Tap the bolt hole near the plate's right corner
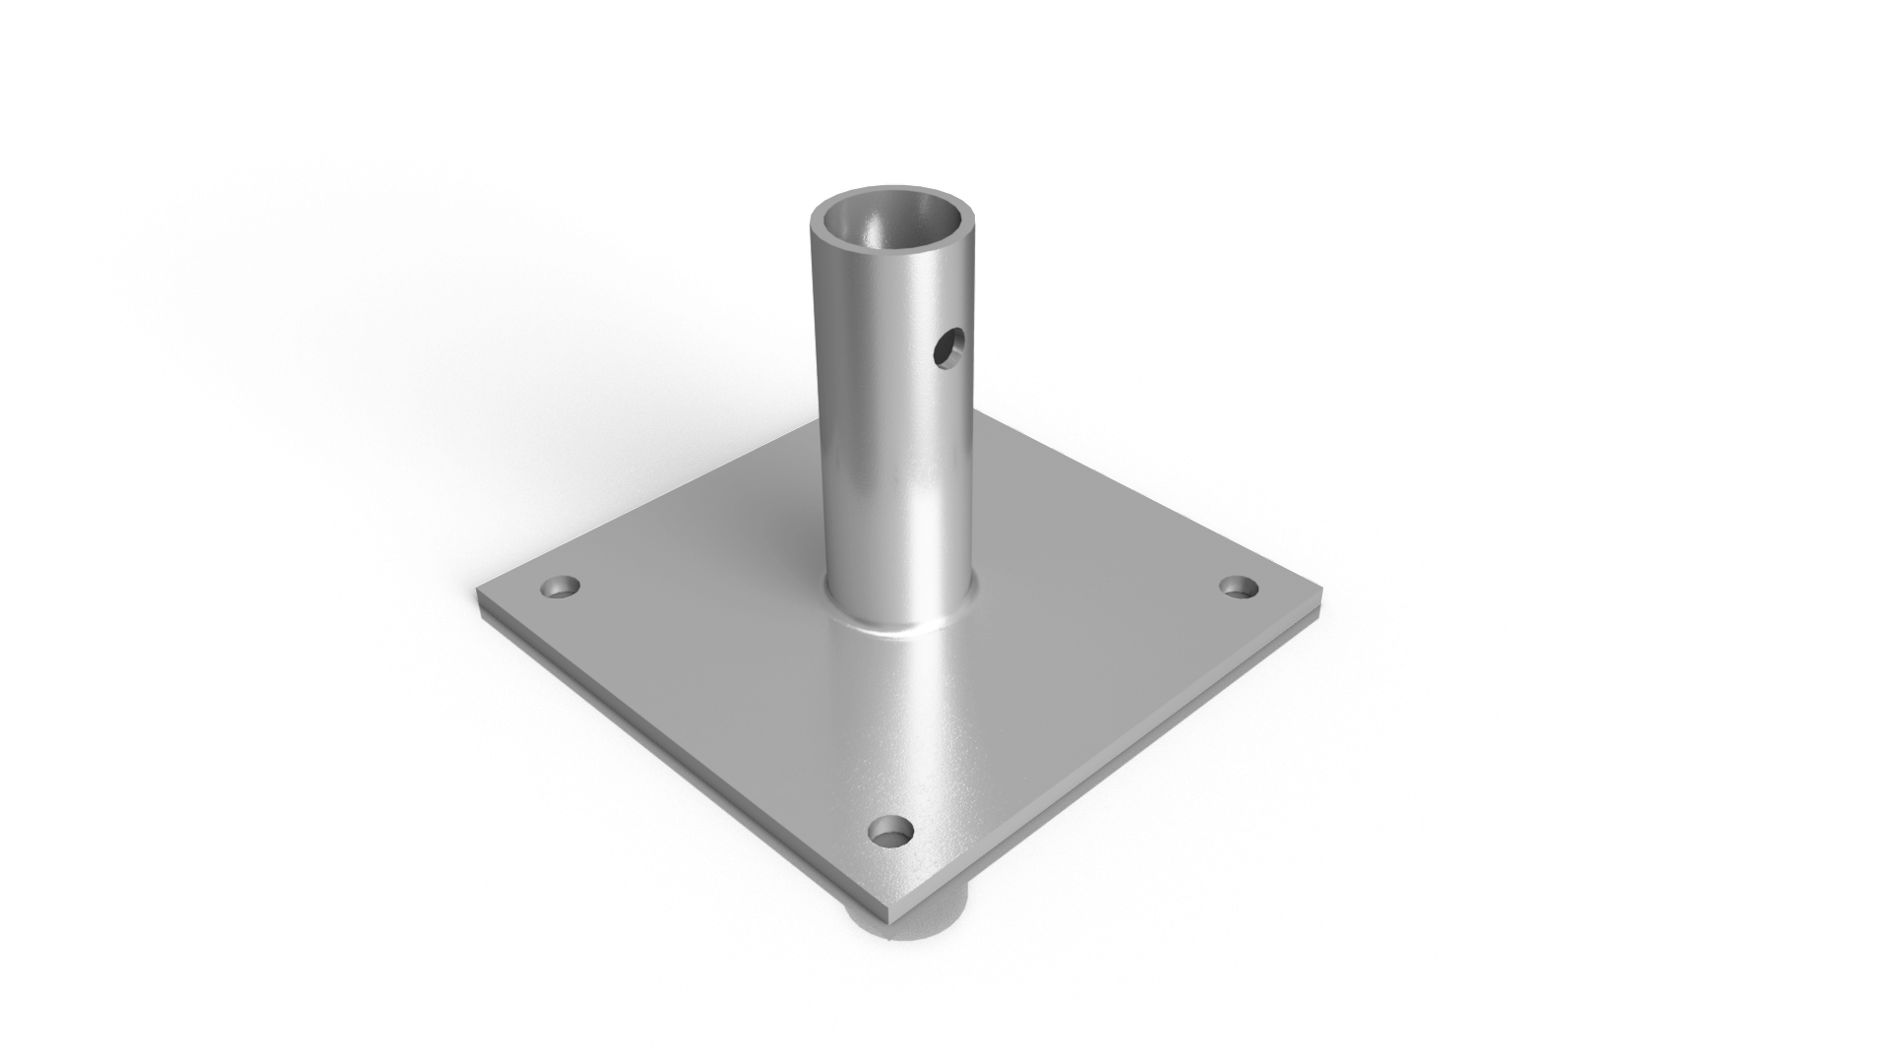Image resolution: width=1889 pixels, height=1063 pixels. tap(1239, 588)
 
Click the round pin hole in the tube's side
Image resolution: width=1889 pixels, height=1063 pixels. tap(950, 346)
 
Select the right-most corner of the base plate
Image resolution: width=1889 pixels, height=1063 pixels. tap(1322, 591)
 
